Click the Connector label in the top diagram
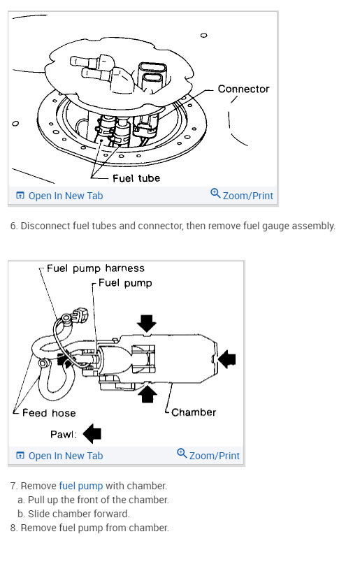pyautogui.click(x=243, y=89)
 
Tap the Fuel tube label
pyautogui.click(x=136, y=178)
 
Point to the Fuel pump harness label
pyautogui.click(x=96, y=268)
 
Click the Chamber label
pyautogui.click(x=194, y=412)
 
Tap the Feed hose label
pyautogui.click(x=49, y=413)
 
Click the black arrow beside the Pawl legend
pyautogui.click(x=92, y=433)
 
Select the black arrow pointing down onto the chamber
pyautogui.click(x=146, y=323)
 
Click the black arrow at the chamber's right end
pyautogui.click(x=226, y=359)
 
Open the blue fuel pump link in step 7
pyautogui.click(x=80, y=486)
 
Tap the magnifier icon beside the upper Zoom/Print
pyautogui.click(x=215, y=194)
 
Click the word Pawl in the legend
pyautogui.click(x=64, y=434)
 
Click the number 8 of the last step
pyautogui.click(x=13, y=528)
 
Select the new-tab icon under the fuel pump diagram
pyautogui.click(x=20, y=456)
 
